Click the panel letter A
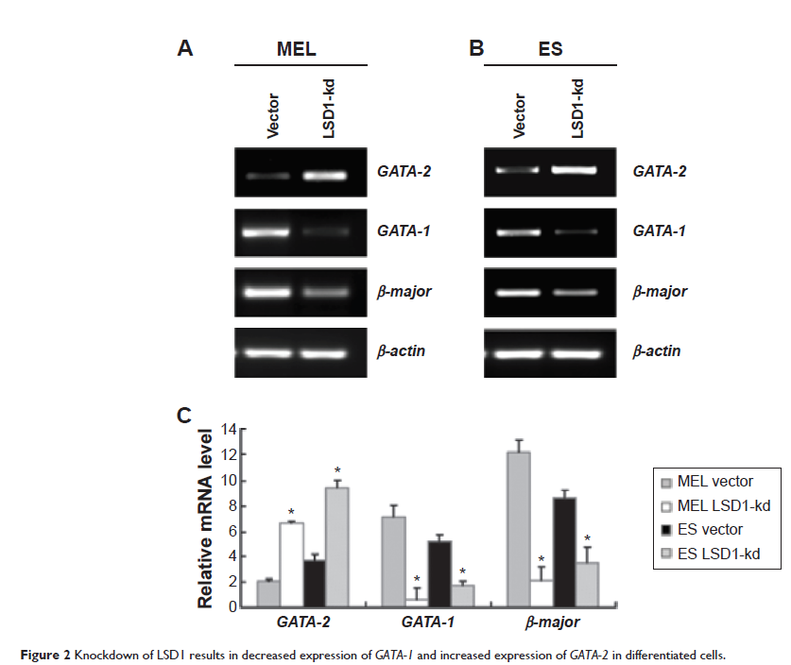tap(186, 49)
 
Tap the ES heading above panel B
tap(550, 49)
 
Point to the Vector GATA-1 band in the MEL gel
tap(267, 232)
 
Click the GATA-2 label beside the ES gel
tap(660, 173)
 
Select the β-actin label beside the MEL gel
tap(403, 351)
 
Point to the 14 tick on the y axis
tap(228, 430)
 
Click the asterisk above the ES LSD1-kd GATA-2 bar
tap(337, 471)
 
